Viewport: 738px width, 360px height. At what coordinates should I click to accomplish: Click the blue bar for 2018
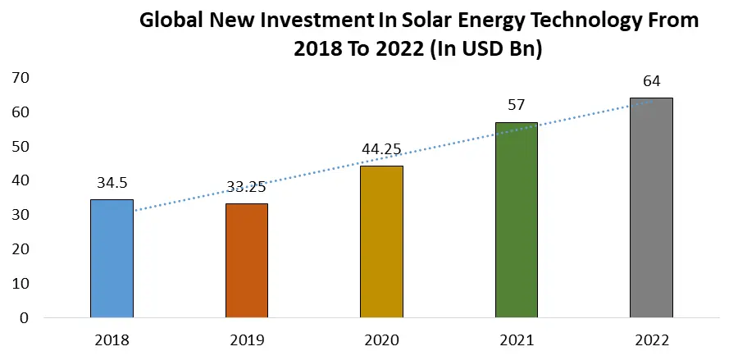coord(112,258)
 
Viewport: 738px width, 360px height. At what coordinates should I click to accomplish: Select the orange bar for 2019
coord(246,260)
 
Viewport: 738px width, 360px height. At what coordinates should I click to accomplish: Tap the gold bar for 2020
coord(381,241)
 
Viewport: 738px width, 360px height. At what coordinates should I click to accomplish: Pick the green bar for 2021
coord(517,220)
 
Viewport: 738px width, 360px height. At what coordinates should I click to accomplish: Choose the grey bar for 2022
coord(651,207)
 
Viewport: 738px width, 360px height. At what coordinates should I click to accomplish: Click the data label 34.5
coord(112,183)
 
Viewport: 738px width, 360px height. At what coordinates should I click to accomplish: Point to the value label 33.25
coord(246,187)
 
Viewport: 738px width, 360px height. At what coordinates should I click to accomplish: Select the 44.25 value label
coord(381,149)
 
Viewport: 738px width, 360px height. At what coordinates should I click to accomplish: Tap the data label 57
coord(517,105)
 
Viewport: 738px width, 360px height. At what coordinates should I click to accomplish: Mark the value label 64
coord(651,81)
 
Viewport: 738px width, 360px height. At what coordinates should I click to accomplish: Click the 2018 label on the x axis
coord(112,339)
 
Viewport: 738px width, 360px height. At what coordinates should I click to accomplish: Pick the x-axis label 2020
coord(381,339)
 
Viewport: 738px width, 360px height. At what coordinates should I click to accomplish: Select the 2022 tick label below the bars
coord(651,339)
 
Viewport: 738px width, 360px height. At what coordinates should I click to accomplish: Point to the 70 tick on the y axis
coord(20,78)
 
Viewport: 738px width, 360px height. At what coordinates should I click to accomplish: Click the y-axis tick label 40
coord(20,180)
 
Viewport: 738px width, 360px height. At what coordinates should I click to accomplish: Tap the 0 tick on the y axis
coord(25,317)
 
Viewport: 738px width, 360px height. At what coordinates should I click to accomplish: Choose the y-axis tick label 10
coord(20,283)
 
